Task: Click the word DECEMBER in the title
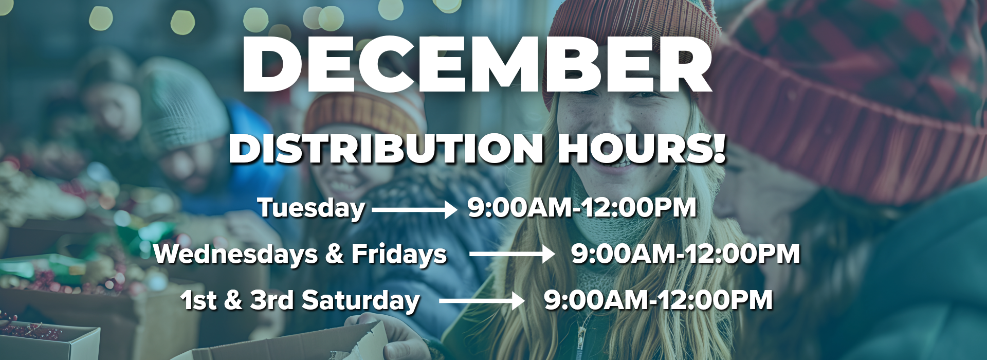coord(477,64)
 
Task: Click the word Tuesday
coord(312,208)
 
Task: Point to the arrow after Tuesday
coord(414,209)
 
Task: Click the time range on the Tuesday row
coord(582,207)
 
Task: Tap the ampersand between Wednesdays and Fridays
coord(334,254)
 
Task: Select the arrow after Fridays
coord(512,254)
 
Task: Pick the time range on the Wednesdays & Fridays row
coord(686,254)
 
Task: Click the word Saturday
coord(360,301)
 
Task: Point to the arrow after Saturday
coord(482,301)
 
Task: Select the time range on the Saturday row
coord(659,300)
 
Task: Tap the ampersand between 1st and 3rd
coord(233,300)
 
